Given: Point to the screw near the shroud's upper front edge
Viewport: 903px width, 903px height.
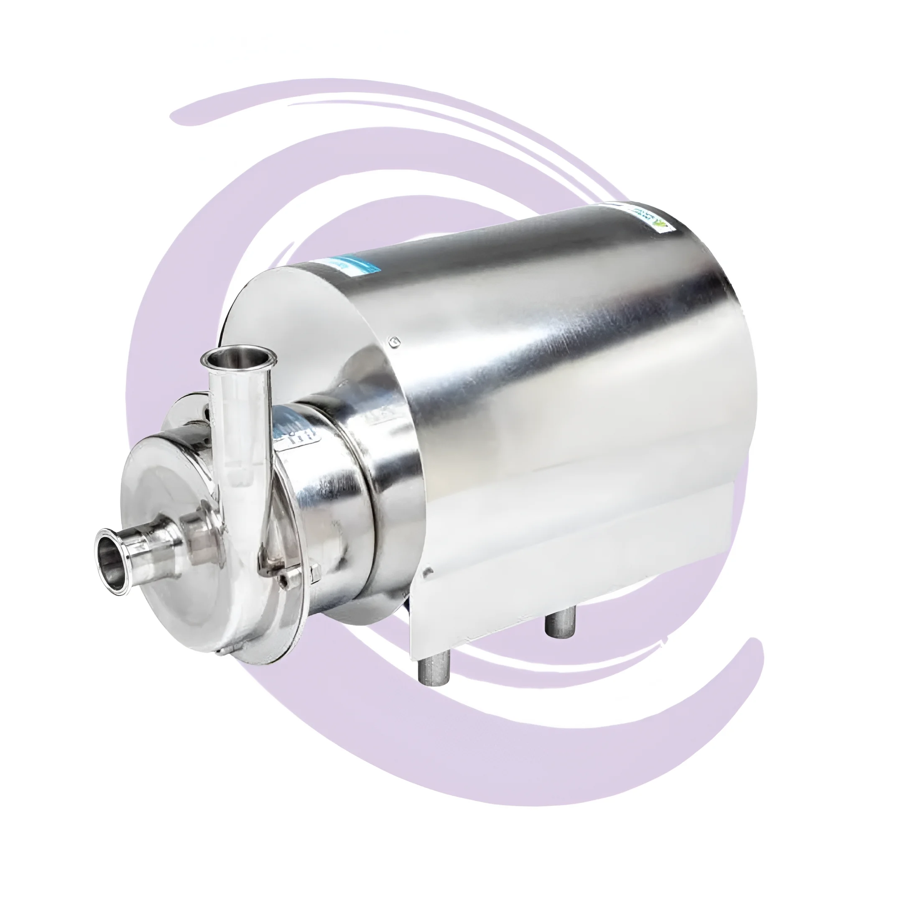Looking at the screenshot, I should [395, 341].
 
